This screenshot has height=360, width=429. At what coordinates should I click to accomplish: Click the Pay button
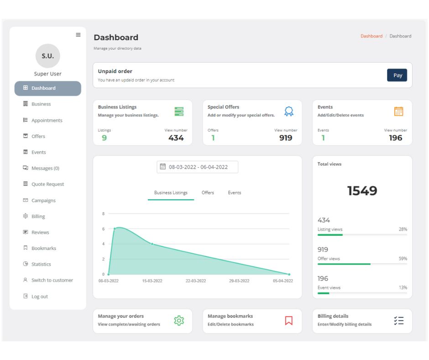pyautogui.click(x=397, y=75)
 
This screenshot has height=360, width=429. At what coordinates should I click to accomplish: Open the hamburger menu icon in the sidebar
pyautogui.click(x=78, y=35)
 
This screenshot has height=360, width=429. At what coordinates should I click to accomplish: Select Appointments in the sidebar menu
pyautogui.click(x=47, y=121)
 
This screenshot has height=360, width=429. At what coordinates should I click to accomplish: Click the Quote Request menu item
pyautogui.click(x=47, y=185)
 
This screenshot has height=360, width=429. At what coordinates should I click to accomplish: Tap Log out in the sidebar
pyautogui.click(x=39, y=296)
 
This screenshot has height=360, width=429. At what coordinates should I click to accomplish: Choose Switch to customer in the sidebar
pyautogui.click(x=52, y=281)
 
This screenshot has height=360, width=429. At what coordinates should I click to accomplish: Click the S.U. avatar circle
pyautogui.click(x=47, y=56)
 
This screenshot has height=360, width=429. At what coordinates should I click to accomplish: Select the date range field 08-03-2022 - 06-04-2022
pyautogui.click(x=198, y=167)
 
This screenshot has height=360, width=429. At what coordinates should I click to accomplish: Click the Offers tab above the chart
pyautogui.click(x=208, y=193)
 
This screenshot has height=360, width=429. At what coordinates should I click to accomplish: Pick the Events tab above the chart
pyautogui.click(x=235, y=193)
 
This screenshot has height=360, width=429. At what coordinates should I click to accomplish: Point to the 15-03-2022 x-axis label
pyautogui.click(x=152, y=281)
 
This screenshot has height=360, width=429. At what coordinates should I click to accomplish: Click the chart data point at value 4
pyautogui.click(x=152, y=244)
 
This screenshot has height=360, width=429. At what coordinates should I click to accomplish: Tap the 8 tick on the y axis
pyautogui.click(x=103, y=214)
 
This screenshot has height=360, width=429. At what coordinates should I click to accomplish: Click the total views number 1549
pyautogui.click(x=362, y=191)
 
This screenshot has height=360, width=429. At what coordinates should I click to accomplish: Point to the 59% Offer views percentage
pyautogui.click(x=403, y=259)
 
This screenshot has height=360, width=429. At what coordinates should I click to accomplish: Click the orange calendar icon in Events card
pyautogui.click(x=398, y=111)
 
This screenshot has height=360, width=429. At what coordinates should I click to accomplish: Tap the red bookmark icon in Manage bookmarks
pyautogui.click(x=288, y=320)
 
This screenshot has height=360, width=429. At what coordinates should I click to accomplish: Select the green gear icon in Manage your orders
pyautogui.click(x=179, y=321)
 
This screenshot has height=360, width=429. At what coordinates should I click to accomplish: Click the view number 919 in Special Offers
pyautogui.click(x=286, y=138)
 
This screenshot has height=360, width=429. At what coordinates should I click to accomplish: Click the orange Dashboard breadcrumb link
pyautogui.click(x=371, y=36)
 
